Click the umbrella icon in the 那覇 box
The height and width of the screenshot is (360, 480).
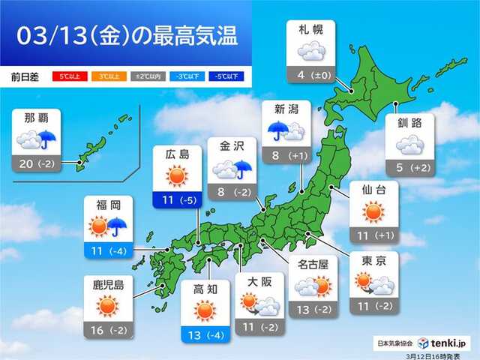(49, 139)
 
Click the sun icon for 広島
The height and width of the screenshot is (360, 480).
(176, 177)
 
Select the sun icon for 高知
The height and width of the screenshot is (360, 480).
(204, 309)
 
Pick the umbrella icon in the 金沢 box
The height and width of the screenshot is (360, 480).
(242, 171)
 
